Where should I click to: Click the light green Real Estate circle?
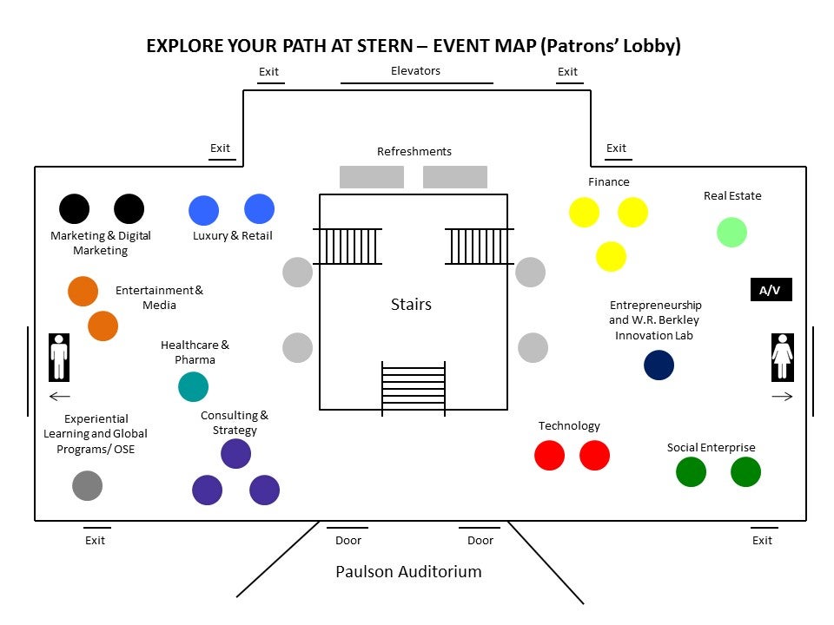coord(731,232)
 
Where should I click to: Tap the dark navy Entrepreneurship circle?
coord(659,365)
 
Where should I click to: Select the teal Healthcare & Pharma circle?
coord(193,386)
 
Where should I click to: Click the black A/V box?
coord(771,290)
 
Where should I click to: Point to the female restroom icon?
coord(782,356)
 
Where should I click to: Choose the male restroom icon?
coord(59,356)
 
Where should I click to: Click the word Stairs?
coord(411,305)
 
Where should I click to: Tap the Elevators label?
coord(415,71)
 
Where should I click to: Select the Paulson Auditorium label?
coord(408,572)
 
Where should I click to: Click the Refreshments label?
coord(414,152)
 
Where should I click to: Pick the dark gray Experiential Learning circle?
coord(87,485)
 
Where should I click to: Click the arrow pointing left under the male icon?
coord(59,397)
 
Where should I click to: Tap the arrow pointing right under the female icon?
coord(782,397)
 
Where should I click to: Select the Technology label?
coord(569,426)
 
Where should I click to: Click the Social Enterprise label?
coord(711,448)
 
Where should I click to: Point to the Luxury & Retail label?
coord(232,236)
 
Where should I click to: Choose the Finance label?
coord(608,182)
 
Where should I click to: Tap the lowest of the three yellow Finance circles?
coord(611,256)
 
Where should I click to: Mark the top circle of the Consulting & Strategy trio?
coord(235,453)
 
